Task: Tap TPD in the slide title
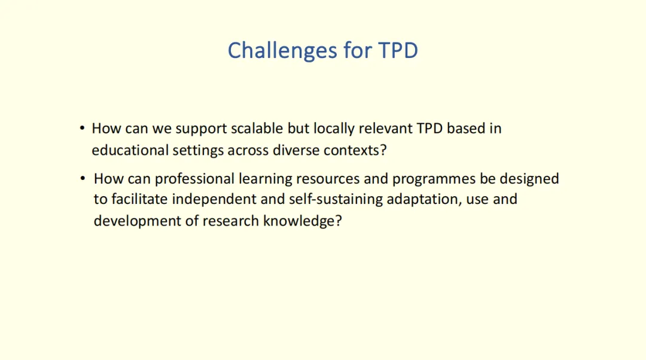point(398,50)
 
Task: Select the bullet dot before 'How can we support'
point(83,128)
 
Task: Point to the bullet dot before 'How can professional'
point(83,178)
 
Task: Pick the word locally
point(334,129)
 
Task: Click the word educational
point(130,150)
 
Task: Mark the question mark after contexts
point(383,150)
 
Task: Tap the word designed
point(529,179)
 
